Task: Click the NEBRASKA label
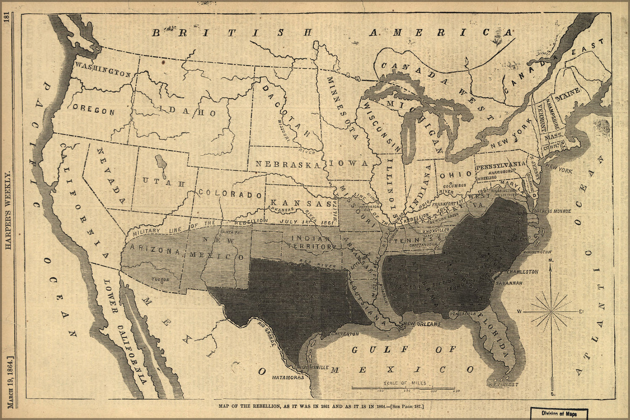[288, 164]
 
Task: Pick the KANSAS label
[301, 203]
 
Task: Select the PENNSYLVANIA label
[501, 166]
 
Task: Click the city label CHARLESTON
[522, 272]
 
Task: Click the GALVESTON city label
[345, 333]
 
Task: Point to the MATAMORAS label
[288, 377]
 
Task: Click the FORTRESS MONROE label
[551, 211]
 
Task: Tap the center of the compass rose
[551, 311]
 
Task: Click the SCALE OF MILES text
[405, 383]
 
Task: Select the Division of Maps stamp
[559, 413]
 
